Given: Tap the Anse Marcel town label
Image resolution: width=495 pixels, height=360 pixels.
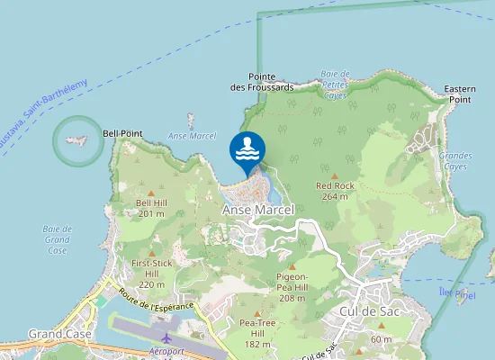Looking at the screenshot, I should click(257, 210).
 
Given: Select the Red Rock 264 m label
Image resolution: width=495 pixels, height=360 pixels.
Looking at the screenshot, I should click(335, 191).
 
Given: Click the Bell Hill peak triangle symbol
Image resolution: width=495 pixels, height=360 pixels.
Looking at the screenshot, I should click(151, 193).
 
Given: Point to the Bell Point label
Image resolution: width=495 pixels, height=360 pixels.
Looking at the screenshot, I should click(122, 133).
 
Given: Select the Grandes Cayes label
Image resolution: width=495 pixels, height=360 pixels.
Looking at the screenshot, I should click(455, 161).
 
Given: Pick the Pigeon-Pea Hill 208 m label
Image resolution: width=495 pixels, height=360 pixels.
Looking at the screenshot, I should click(292, 287).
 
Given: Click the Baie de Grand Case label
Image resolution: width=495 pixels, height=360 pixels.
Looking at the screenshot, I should click(57, 240).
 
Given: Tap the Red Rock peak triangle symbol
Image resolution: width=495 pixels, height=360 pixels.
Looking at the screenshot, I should click(335, 176).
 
